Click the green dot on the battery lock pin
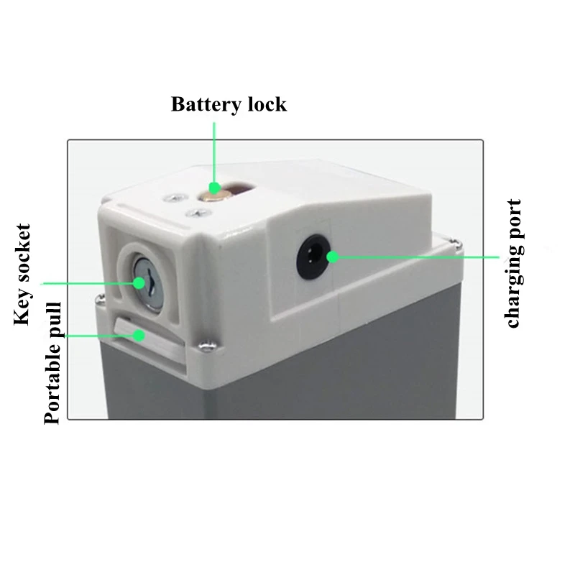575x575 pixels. tap(213, 188)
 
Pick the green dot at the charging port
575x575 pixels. tap(331, 255)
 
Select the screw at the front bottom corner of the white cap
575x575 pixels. tap(206, 346)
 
